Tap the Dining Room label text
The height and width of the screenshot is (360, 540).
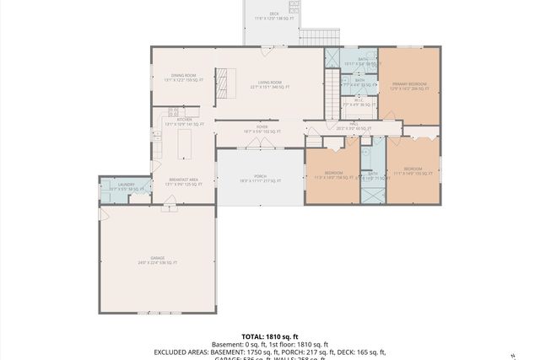coord(183,78)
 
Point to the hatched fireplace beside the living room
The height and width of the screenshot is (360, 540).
coord(224,82)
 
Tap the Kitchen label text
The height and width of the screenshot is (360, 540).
coord(183,121)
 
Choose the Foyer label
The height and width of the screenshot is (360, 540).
coord(261,130)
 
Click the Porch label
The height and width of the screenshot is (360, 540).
coord(260,178)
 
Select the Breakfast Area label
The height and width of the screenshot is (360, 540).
coord(183,181)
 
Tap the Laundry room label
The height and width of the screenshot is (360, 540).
coord(127,186)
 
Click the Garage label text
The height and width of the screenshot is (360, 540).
coord(158,260)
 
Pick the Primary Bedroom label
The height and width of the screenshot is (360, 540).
coord(409,85)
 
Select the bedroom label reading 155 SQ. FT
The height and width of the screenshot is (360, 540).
coord(413,171)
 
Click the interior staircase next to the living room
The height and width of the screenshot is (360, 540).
coord(332,84)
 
